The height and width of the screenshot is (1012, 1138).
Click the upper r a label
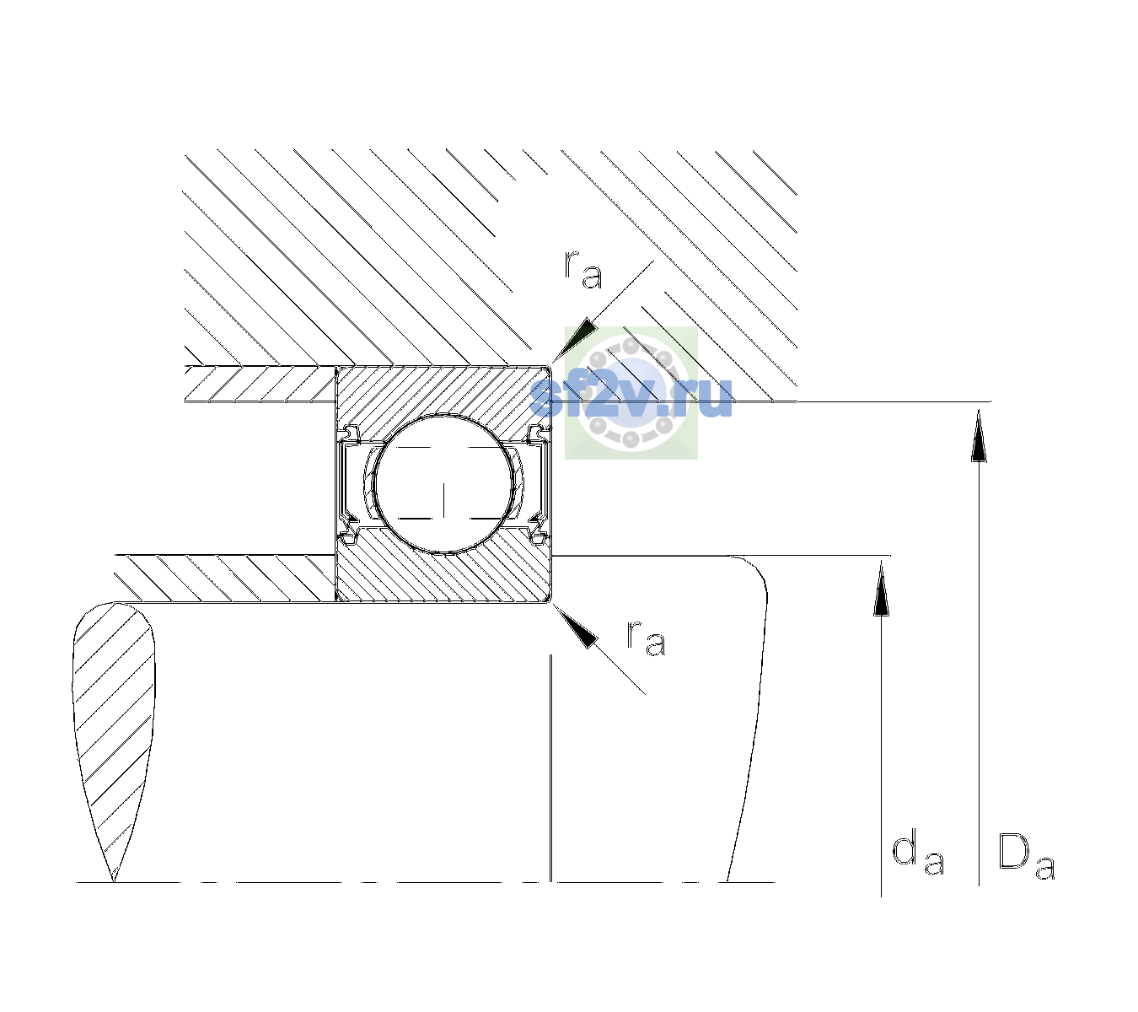click(x=583, y=270)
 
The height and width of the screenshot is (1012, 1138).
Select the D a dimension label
click(x=1026, y=856)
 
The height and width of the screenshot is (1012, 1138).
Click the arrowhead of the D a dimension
click(x=979, y=435)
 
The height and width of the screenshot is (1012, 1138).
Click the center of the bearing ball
click(x=443, y=483)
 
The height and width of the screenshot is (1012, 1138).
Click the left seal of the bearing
click(x=349, y=484)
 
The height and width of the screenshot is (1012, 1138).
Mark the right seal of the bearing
click(x=538, y=484)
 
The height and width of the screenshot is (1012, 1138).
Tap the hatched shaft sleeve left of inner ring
click(x=225, y=579)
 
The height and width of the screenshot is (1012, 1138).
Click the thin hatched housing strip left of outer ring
click(x=260, y=384)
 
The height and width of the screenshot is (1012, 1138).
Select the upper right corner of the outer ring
click(x=550, y=366)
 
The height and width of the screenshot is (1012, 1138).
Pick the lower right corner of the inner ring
click(x=550, y=602)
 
